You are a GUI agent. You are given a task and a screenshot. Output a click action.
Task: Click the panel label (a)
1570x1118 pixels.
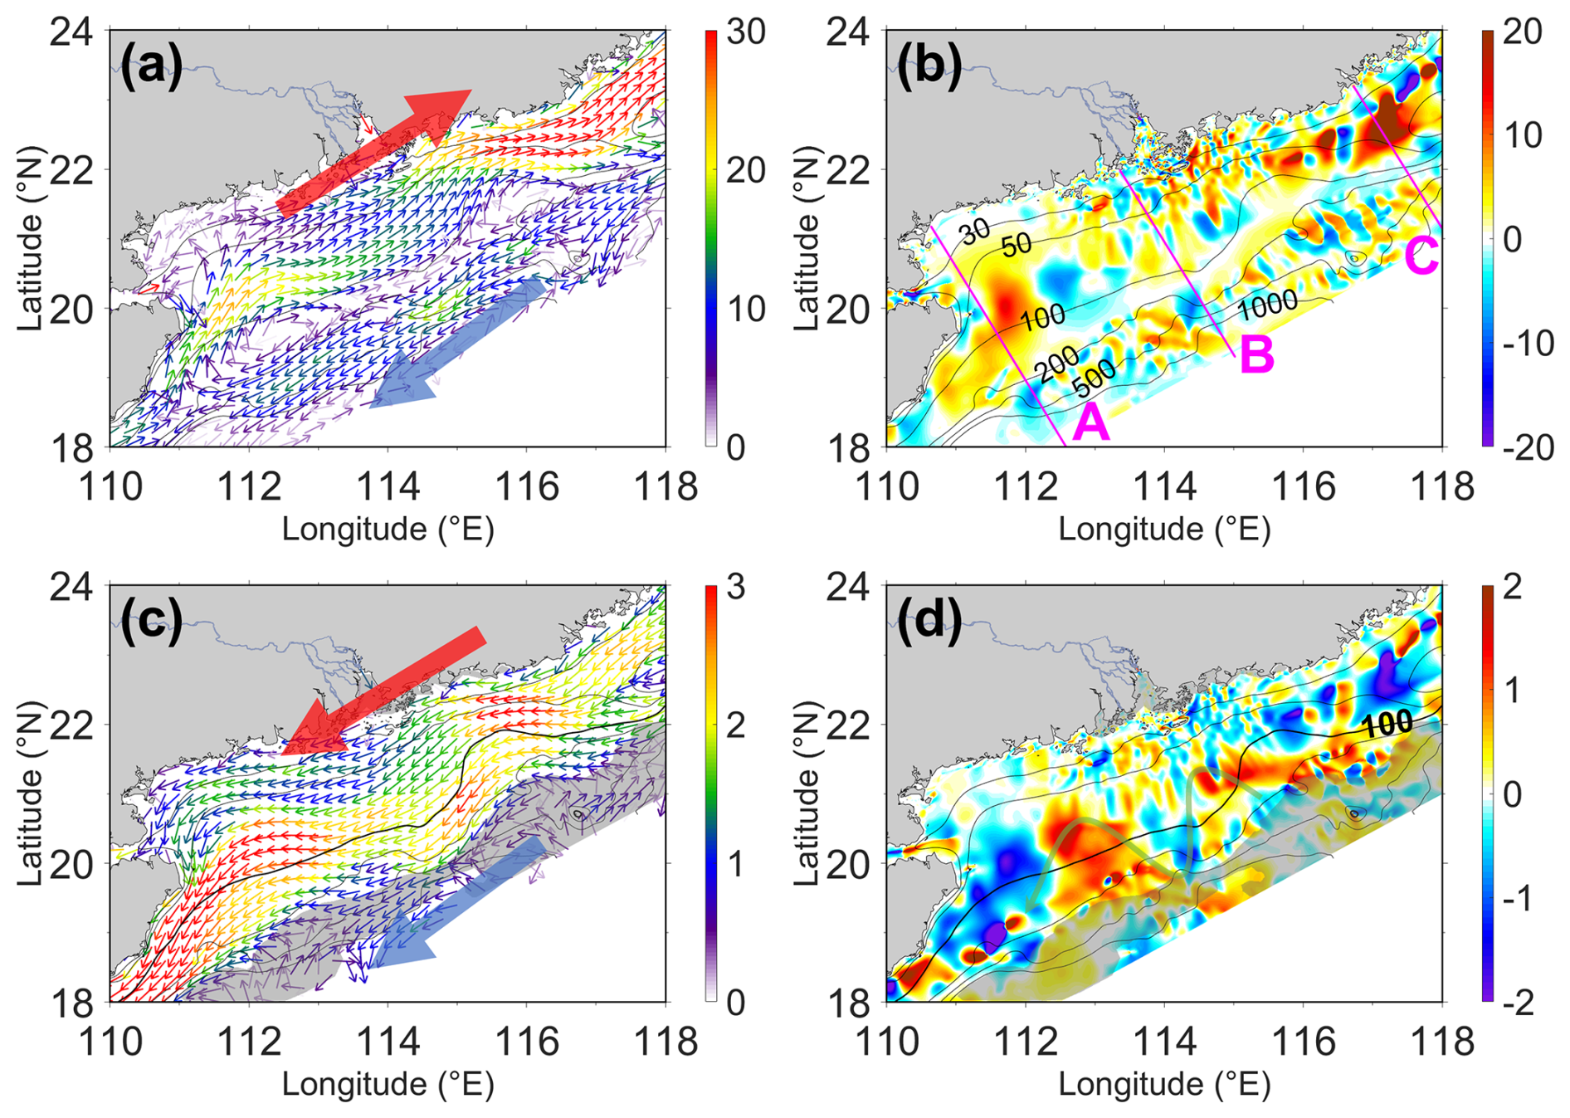(x=151, y=66)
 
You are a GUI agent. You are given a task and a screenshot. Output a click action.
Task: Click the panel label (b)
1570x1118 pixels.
(x=929, y=66)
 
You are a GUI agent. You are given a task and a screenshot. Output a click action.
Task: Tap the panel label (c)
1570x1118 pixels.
(x=151, y=622)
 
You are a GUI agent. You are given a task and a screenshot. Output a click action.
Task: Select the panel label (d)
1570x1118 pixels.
(x=929, y=622)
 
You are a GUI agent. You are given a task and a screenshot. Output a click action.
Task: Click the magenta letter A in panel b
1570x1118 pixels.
(x=1090, y=423)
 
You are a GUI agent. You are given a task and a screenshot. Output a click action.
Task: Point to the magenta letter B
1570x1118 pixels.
(x=1256, y=355)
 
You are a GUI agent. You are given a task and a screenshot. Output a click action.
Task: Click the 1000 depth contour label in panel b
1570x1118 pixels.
(x=1267, y=305)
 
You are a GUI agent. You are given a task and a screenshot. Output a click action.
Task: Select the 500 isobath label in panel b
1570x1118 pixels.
(x=1094, y=379)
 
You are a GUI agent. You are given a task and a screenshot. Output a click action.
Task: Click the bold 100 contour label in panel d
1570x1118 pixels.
(x=1387, y=725)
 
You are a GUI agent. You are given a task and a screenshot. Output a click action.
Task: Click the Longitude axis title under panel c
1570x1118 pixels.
(x=388, y=1084)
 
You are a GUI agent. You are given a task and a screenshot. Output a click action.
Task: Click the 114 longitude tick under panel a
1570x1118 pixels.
(x=388, y=486)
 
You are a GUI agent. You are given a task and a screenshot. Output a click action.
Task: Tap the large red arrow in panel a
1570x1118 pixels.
(x=373, y=153)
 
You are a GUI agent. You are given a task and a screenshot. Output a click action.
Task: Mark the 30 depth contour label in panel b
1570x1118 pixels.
(x=975, y=232)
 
